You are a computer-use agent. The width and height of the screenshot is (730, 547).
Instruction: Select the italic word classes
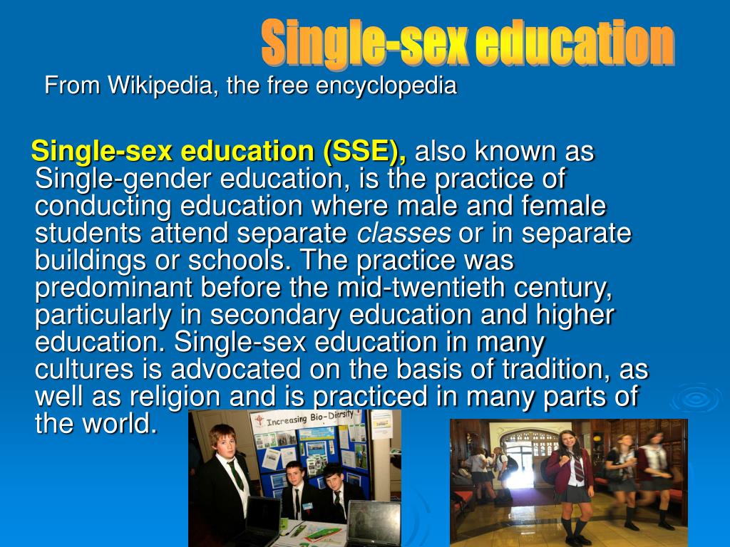pos(403,233)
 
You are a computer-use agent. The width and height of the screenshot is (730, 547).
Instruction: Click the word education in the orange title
pos(574,44)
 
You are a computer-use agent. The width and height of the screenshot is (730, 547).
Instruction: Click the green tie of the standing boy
pos(235,474)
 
